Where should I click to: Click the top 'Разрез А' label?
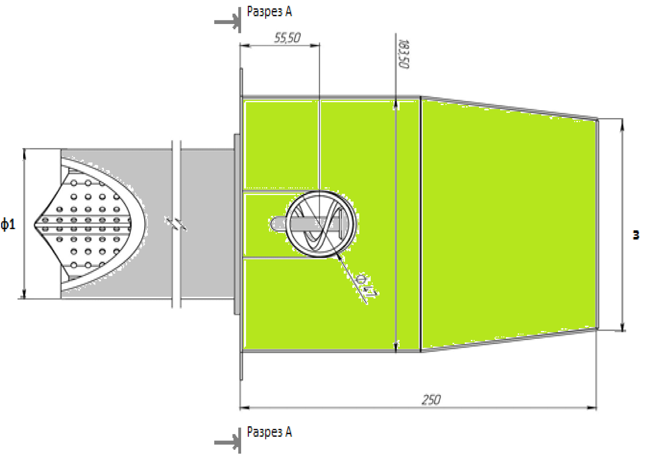pyautogui.click(x=269, y=12)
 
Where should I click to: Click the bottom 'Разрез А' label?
pyautogui.click(x=269, y=432)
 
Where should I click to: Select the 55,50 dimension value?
pyautogui.click(x=287, y=38)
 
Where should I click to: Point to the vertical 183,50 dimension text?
pyautogui.click(x=403, y=54)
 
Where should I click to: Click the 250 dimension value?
pyautogui.click(x=431, y=399)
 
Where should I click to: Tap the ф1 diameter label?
pyautogui.click(x=8, y=224)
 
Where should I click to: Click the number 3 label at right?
pyautogui.click(x=635, y=235)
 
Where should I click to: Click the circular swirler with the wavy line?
pyautogui.click(x=321, y=224)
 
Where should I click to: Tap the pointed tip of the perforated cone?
pyautogui.click(x=35, y=224)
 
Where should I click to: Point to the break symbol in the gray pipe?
pyautogui.click(x=176, y=223)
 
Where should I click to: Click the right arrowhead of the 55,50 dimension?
pyautogui.click(x=315, y=45)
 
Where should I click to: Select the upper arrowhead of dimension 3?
pyautogui.click(x=622, y=124)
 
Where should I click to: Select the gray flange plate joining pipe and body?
pyautogui.click(x=237, y=224)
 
